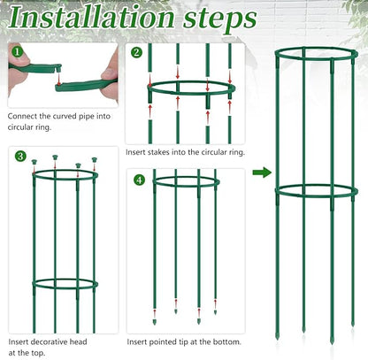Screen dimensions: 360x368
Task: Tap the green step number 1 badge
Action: [16, 52]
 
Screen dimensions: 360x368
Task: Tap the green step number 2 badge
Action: [136, 52]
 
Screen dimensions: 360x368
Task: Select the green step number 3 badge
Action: [19, 157]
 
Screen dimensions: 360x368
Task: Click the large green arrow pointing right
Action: [263, 172]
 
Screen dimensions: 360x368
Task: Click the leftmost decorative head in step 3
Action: [34, 164]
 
